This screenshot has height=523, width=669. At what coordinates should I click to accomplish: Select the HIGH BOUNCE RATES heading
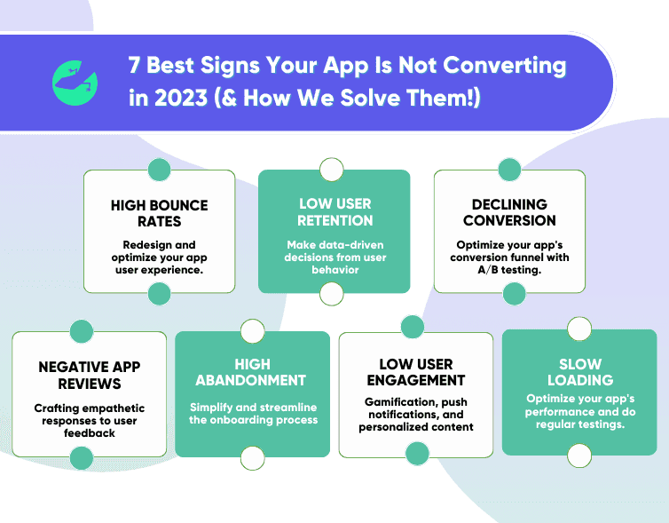159,213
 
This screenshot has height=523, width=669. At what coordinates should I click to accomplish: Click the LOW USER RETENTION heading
334,211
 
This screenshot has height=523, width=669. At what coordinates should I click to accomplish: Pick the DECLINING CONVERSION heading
509,212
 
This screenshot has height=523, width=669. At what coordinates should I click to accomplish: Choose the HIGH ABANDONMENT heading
252,372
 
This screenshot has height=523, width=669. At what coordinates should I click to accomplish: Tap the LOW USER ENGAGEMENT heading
415,372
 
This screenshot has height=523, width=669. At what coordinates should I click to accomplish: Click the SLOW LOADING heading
579,372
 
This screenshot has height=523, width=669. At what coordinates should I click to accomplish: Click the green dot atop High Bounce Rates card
159,170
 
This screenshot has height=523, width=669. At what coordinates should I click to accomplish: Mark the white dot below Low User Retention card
332,293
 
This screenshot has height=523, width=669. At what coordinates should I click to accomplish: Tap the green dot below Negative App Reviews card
82,458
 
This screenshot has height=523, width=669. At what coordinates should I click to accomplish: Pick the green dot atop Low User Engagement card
413,327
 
